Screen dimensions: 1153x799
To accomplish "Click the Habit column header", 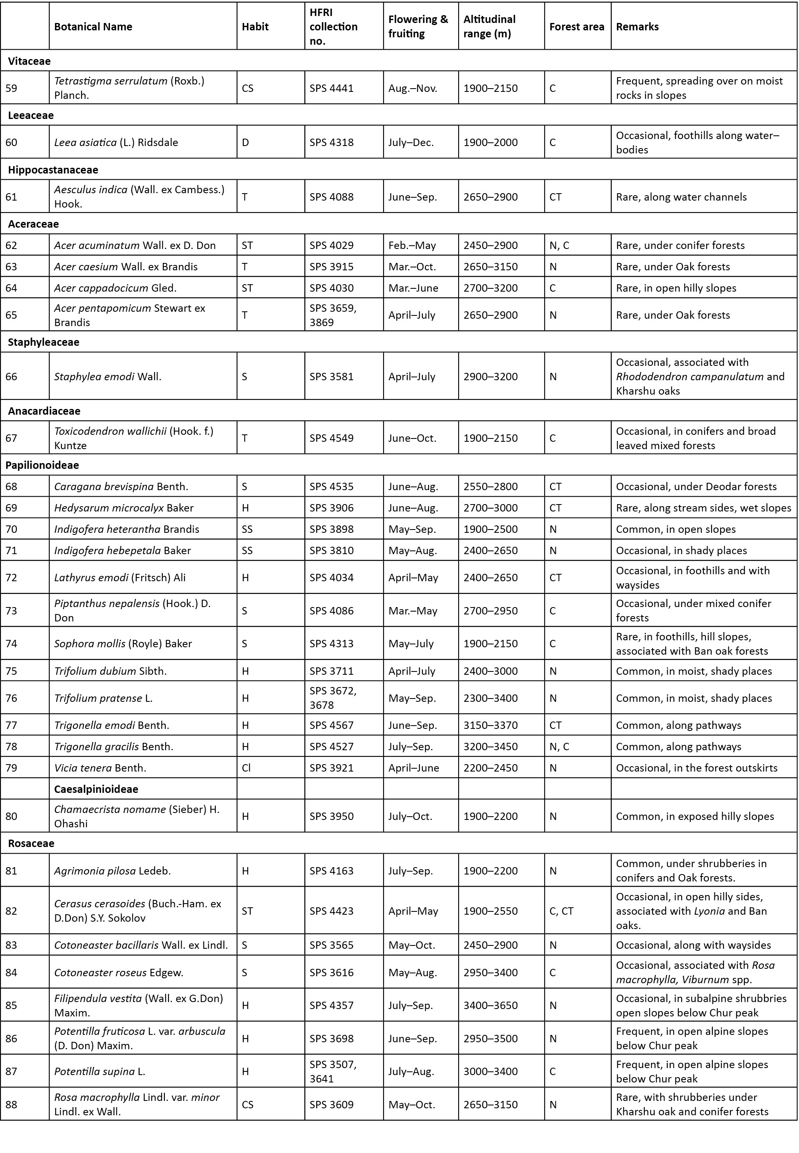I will tap(255, 27).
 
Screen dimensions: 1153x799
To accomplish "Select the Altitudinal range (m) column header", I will tap(489, 27).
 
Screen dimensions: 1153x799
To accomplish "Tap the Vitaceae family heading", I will tap(29, 61).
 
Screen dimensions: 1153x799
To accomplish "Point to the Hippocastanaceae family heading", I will tap(53, 170).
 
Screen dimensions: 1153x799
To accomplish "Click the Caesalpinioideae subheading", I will tap(96, 789).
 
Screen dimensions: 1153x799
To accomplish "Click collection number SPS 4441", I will tap(331, 88).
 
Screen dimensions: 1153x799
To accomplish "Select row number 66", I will tap(11, 377).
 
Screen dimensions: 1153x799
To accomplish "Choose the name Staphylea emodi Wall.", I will tap(107, 377).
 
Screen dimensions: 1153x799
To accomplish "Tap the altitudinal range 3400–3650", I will tap(490, 1005).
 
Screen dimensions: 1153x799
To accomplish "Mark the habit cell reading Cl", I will tap(247, 767).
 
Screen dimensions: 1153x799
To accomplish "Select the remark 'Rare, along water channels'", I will tap(681, 197).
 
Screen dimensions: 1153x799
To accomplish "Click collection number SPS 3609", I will tap(331, 1105).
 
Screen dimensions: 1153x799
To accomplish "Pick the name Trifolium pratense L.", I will tap(103, 698).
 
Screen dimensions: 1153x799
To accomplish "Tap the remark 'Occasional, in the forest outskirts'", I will tap(696, 767).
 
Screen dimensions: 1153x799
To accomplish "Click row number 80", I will tap(11, 816).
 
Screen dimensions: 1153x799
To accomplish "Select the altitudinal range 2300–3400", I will tap(490, 698).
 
